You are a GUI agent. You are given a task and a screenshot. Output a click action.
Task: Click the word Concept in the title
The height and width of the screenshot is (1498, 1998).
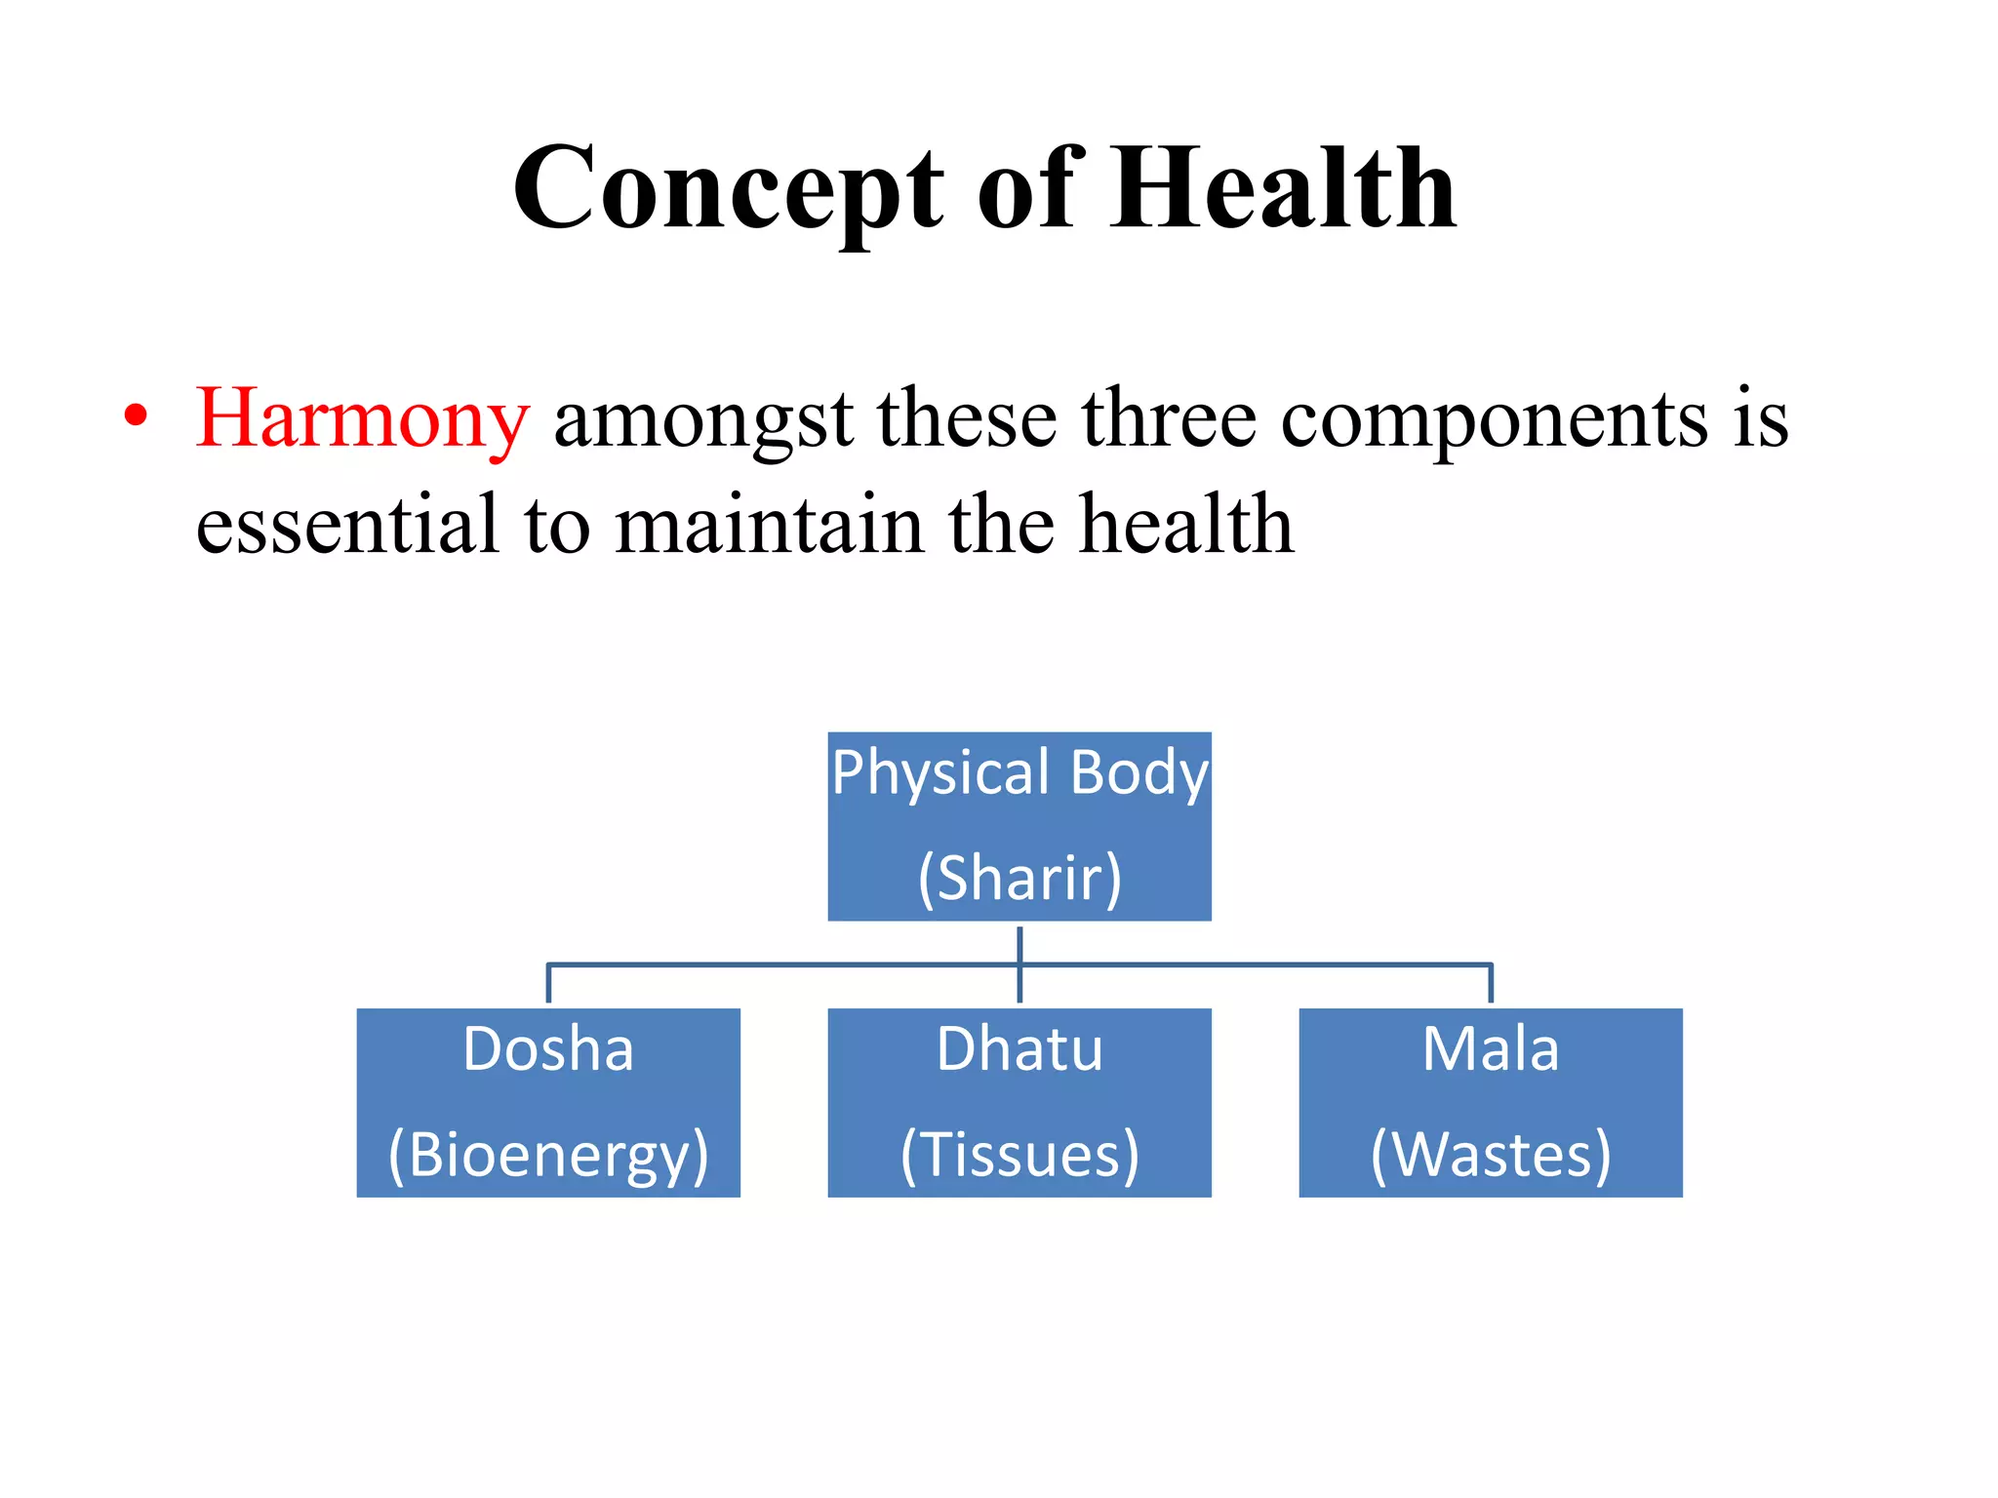click(x=727, y=190)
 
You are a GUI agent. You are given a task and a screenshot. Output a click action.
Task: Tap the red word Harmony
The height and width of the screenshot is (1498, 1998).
click(x=362, y=419)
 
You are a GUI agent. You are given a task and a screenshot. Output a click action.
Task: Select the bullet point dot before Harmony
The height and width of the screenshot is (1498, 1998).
click(x=137, y=416)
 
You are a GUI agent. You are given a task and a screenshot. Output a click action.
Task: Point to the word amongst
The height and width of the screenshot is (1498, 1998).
click(x=702, y=421)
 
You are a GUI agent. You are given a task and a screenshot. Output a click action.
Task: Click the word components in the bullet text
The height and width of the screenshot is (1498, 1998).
click(x=1494, y=421)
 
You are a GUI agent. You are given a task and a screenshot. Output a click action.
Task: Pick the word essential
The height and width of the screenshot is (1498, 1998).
click(x=347, y=526)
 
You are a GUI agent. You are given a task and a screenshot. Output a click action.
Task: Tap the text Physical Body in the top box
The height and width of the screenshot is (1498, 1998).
click(x=1019, y=773)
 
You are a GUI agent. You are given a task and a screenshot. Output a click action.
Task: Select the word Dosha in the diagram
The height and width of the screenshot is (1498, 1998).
click(x=548, y=1050)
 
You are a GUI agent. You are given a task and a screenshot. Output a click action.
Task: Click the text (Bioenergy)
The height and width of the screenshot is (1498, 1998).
click(x=548, y=1156)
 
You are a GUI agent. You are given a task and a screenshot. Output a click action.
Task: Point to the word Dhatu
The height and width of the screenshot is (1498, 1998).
click(x=1019, y=1050)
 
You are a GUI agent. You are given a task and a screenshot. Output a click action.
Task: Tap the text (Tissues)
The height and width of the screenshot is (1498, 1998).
click(x=1019, y=1156)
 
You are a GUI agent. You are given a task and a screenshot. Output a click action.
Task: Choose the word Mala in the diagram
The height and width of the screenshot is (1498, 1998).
click(x=1490, y=1050)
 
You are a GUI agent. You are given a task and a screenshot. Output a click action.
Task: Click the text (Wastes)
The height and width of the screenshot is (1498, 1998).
click(x=1490, y=1156)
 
